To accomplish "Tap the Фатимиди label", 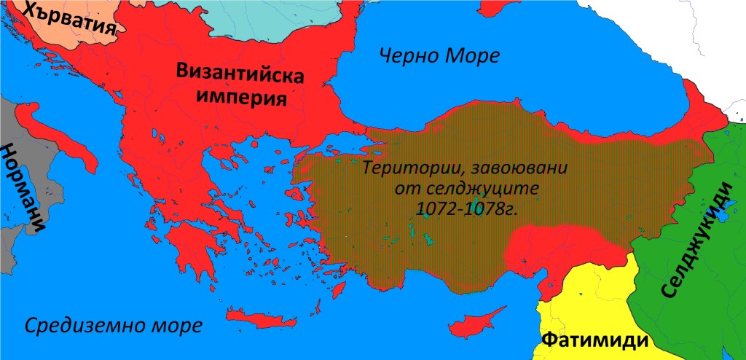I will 594,340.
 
